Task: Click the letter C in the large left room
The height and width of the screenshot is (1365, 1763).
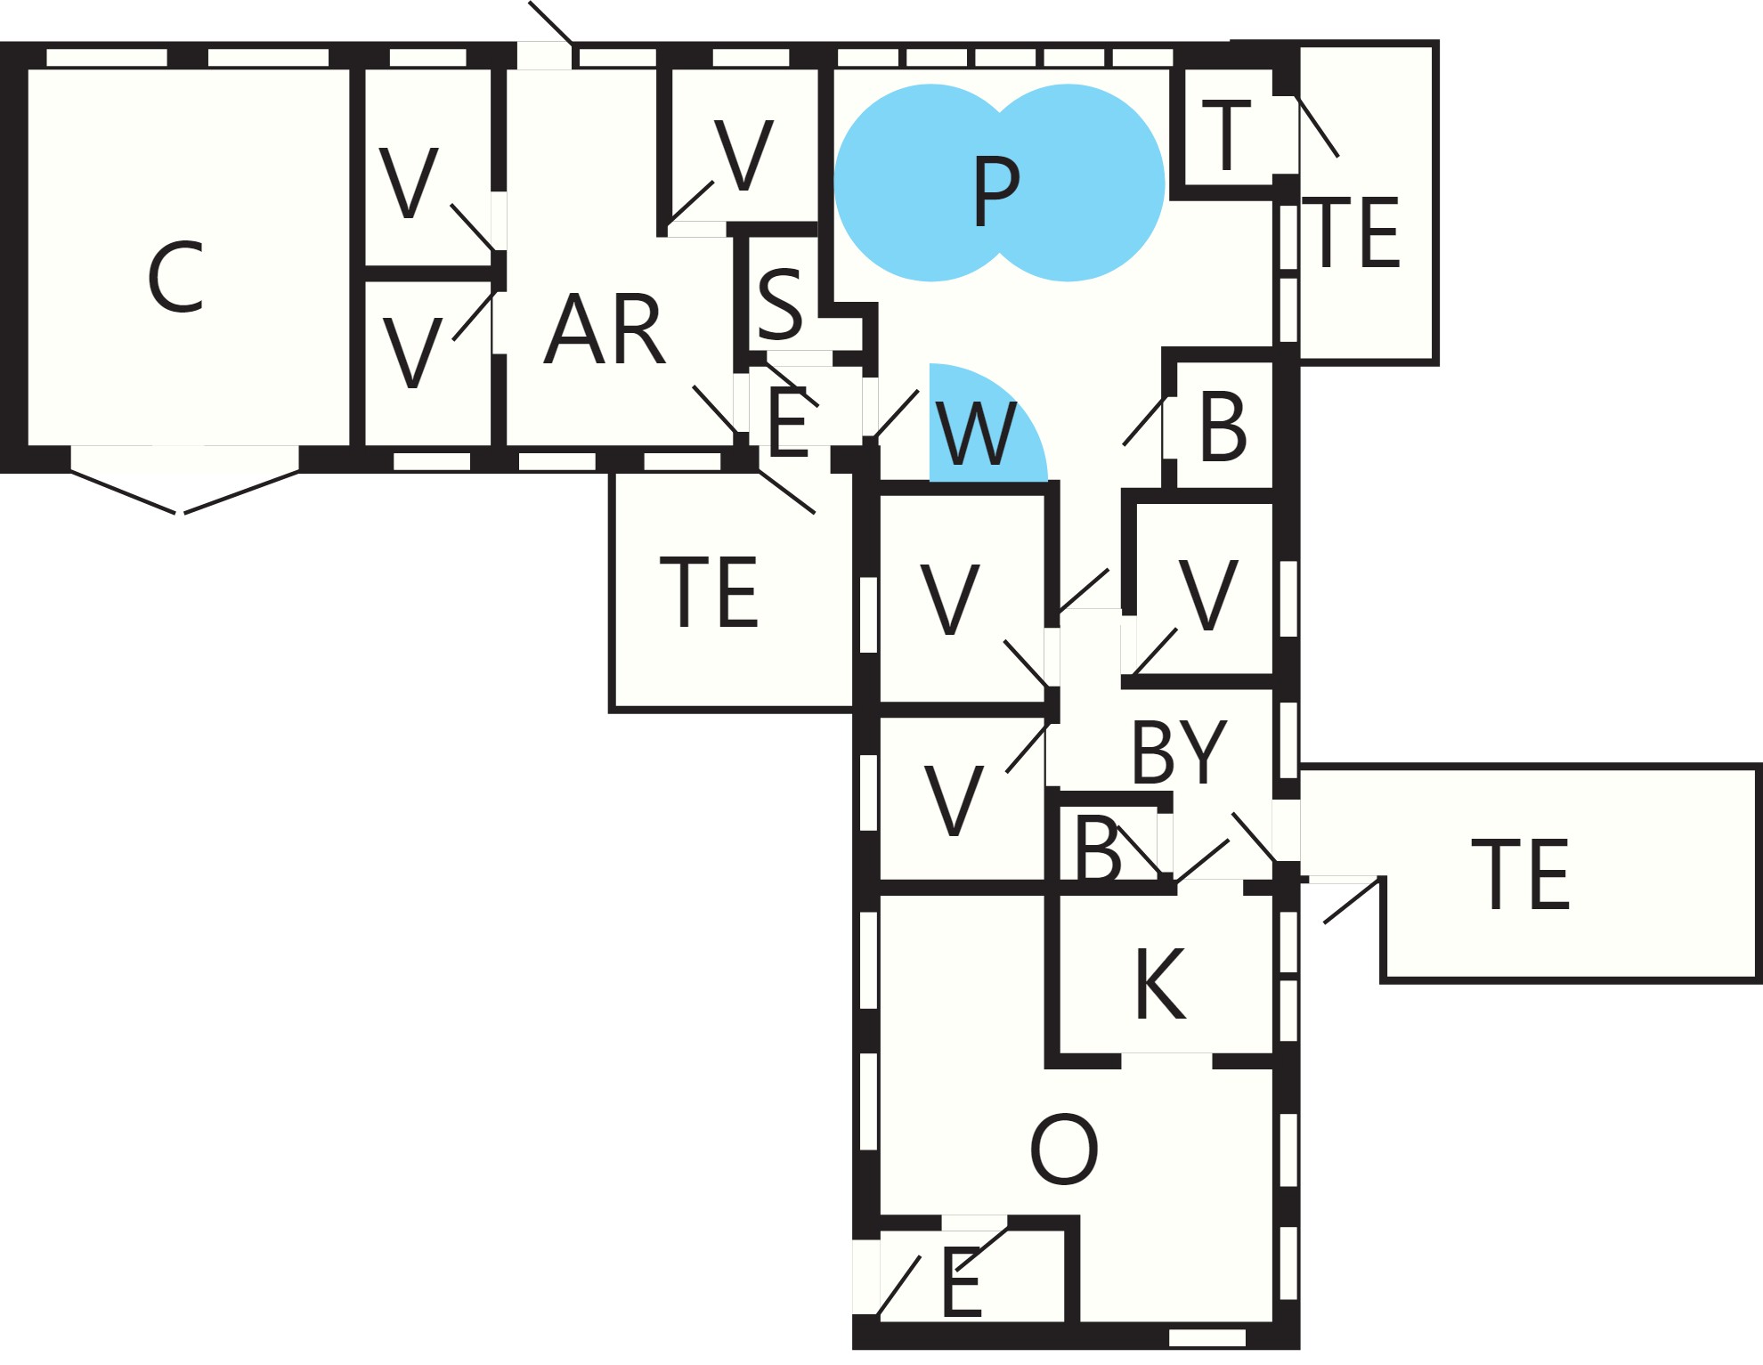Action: point(175,277)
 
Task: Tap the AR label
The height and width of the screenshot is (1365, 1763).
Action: point(605,329)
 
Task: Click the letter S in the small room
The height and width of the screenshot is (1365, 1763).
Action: point(781,304)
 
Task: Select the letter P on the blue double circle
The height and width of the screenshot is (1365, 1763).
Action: point(996,191)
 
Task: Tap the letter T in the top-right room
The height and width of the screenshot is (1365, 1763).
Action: point(1226,134)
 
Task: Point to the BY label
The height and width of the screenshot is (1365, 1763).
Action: point(1179,752)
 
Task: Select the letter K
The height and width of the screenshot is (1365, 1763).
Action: point(1160,983)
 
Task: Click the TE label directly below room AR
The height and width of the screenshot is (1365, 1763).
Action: point(709,592)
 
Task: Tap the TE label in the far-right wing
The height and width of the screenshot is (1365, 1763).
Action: point(1521,874)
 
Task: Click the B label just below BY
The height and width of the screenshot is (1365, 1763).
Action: point(1097,848)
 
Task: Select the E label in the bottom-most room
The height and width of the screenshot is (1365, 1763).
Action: point(962,1283)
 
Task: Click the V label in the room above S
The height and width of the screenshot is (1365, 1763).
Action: point(743,155)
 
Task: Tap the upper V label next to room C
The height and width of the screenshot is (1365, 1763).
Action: point(409,183)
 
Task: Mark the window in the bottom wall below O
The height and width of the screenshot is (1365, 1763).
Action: point(1206,1337)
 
